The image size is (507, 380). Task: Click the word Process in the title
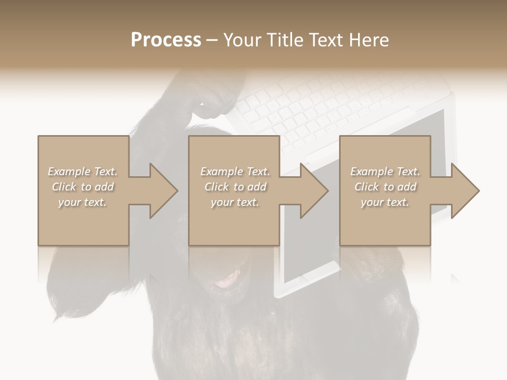pos(166,40)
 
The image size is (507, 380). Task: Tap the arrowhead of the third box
pos(465,191)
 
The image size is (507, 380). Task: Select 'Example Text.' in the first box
pos(82,172)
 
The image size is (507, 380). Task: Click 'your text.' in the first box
pos(82,202)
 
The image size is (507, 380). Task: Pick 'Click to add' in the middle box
pos(235,187)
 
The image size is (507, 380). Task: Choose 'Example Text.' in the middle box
pos(235,172)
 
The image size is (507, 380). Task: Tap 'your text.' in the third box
pos(385,202)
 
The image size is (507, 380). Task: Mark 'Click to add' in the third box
pos(385,187)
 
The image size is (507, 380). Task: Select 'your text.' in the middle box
pos(235,202)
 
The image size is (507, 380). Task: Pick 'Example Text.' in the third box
pos(385,172)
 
